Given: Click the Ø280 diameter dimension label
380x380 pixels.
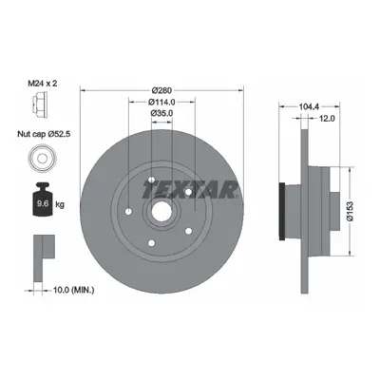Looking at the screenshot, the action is click(x=161, y=90).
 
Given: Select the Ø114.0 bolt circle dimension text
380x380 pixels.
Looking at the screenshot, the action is click(x=161, y=102).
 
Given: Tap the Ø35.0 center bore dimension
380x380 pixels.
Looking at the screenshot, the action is click(x=161, y=113).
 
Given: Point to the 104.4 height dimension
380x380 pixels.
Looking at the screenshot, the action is click(x=309, y=107).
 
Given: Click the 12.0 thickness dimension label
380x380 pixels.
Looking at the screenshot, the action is click(x=327, y=118).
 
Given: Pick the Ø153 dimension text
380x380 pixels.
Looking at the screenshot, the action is click(x=349, y=211).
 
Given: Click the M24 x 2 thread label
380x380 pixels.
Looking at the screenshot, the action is click(x=44, y=84).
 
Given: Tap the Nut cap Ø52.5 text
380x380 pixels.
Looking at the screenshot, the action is click(x=44, y=134).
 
